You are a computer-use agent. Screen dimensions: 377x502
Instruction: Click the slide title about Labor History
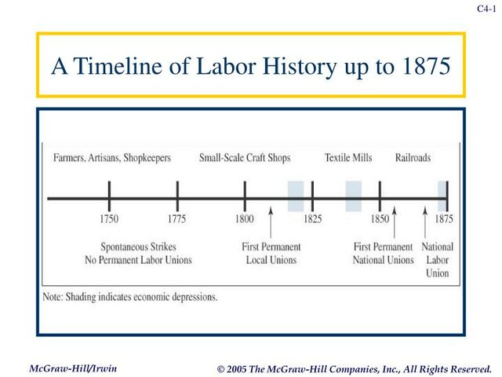pyautogui.click(x=251, y=66)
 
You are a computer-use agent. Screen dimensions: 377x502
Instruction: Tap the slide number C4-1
pyautogui.click(x=486, y=9)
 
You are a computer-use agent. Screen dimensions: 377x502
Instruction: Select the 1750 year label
pyautogui.click(x=109, y=219)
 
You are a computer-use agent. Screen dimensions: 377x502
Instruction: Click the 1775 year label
pyautogui.click(x=177, y=219)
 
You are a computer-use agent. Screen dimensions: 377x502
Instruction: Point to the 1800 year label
pyautogui.click(x=245, y=219)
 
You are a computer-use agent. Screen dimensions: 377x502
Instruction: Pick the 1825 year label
pyautogui.click(x=312, y=219)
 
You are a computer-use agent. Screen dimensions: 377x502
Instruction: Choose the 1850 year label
pyautogui.click(x=380, y=219)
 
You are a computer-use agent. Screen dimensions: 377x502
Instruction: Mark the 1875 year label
pyautogui.click(x=444, y=219)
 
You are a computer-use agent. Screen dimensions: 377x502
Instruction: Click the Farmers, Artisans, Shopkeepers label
pyautogui.click(x=112, y=158)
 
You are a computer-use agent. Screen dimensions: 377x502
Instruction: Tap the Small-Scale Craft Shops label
pyautogui.click(x=245, y=158)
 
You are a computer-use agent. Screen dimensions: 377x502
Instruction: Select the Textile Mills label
pyautogui.click(x=348, y=158)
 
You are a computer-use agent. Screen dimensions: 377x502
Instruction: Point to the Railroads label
pyautogui.click(x=413, y=158)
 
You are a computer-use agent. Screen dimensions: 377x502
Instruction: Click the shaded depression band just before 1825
pyautogui.click(x=296, y=196)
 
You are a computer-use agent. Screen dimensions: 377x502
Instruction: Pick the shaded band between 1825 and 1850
pyautogui.click(x=354, y=196)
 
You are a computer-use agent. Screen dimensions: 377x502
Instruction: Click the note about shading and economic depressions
pyautogui.click(x=129, y=298)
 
